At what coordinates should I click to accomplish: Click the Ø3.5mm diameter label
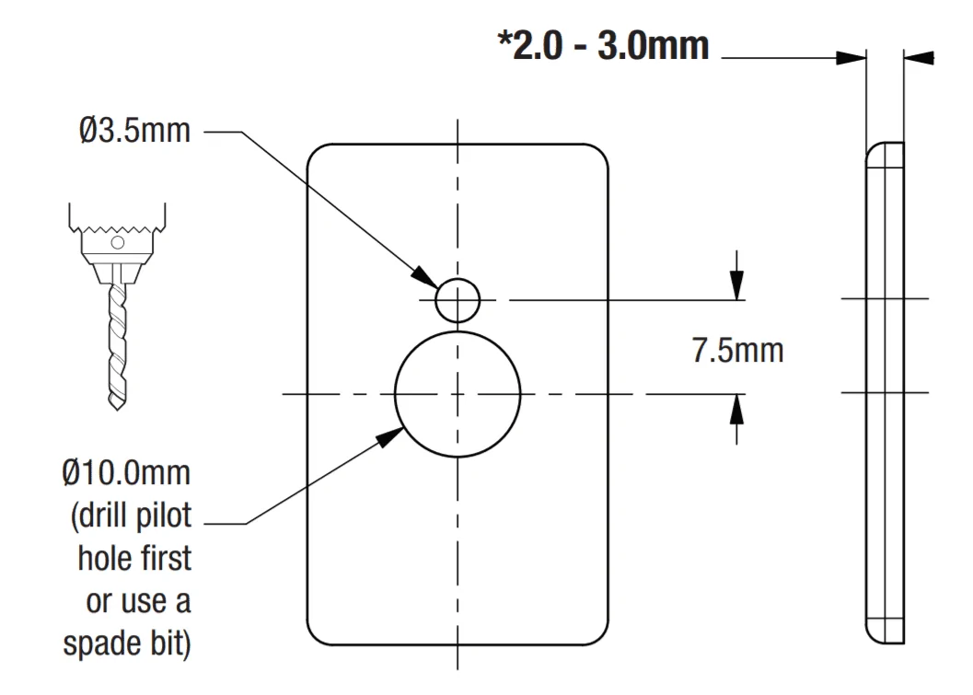134,131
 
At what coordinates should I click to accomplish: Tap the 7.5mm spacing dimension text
737,351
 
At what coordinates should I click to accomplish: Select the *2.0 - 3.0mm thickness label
603,45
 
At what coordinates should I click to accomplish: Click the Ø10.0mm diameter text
126,473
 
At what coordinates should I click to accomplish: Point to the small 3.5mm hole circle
458,279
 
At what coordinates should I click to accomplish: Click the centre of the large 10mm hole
458,394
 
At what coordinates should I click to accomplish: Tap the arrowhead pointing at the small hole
425,277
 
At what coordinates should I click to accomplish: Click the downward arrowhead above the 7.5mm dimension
736,284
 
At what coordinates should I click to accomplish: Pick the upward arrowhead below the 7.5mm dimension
736,409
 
